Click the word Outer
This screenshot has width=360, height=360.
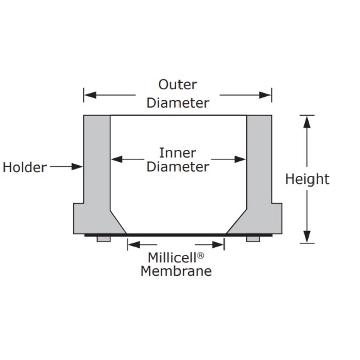pyautogui.click(x=177, y=85)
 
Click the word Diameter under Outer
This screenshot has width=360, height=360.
pyautogui.click(x=178, y=103)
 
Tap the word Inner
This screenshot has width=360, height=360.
pyautogui.click(x=177, y=153)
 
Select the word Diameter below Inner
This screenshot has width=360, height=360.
pyautogui.click(x=178, y=167)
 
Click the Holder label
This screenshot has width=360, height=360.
pyautogui.click(x=25, y=167)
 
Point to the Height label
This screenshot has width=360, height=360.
pyautogui.click(x=307, y=179)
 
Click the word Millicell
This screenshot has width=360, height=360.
pyautogui.click(x=172, y=258)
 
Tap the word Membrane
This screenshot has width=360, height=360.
pyautogui.click(x=176, y=271)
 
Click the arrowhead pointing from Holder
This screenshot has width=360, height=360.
pyautogui.click(x=77, y=166)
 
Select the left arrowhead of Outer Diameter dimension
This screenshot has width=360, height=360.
pyautogui.click(x=91, y=95)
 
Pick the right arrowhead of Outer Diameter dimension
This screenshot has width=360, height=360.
pyautogui.click(x=265, y=95)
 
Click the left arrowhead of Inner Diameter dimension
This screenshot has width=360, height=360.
pyautogui.click(x=117, y=159)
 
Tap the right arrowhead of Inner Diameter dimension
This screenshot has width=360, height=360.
pyautogui.click(x=240, y=159)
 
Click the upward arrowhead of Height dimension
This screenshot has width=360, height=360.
pyautogui.click(x=307, y=122)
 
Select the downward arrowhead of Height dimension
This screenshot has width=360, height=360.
pyautogui.click(x=307, y=237)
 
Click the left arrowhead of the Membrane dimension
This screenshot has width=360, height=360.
pyautogui.click(x=134, y=245)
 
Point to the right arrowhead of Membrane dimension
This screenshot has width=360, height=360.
pyautogui.click(x=218, y=245)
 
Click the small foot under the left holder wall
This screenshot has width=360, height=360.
pyautogui.click(x=104, y=239)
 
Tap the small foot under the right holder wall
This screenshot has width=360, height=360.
pyautogui.click(x=253, y=239)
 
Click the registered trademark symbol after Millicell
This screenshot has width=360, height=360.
pyautogui.click(x=200, y=256)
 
